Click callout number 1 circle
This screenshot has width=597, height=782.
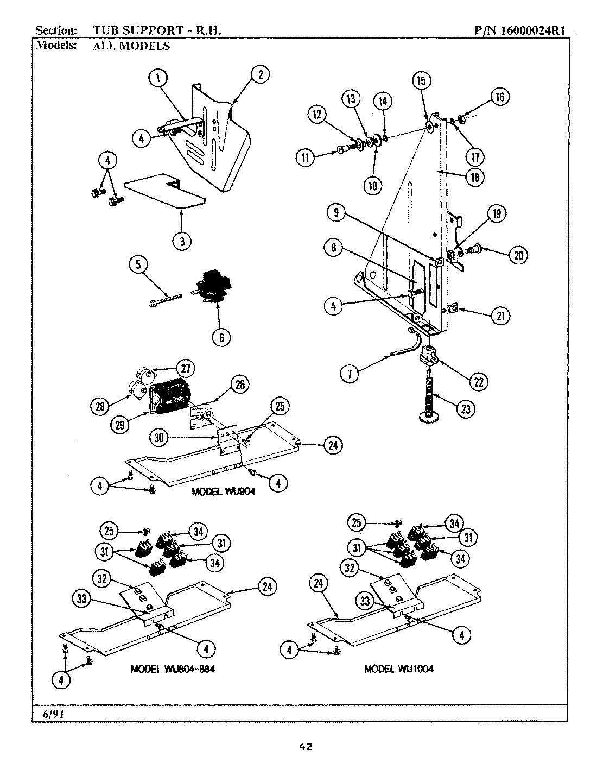click(158, 78)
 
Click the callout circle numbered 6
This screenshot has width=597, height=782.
click(221, 337)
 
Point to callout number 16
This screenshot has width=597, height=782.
click(499, 97)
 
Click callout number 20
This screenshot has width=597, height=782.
click(518, 255)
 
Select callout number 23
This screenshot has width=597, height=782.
click(465, 409)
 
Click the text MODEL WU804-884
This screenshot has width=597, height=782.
click(172, 669)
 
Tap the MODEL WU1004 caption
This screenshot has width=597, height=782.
click(399, 669)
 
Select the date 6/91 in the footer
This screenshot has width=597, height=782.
click(54, 714)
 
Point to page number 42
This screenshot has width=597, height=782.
click(306, 747)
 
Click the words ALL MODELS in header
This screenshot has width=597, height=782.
click(131, 46)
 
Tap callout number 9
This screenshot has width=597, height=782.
click(336, 213)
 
